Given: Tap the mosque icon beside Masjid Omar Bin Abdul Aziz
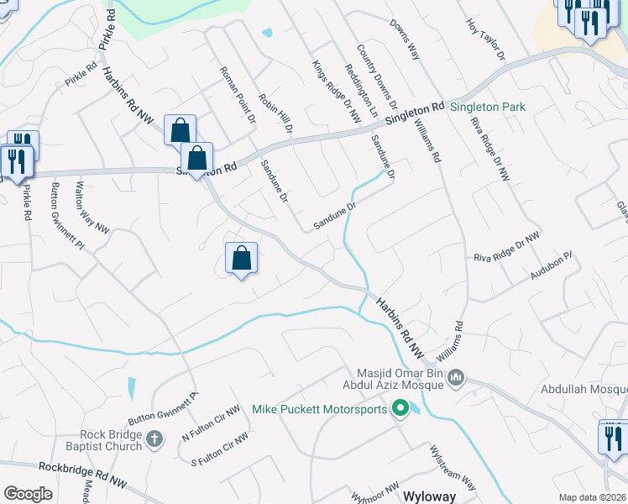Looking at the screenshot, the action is click(457, 379).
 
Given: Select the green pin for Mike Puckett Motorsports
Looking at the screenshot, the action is click(400, 410).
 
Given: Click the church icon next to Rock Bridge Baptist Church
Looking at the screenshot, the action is click(154, 438).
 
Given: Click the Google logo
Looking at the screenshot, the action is click(28, 494).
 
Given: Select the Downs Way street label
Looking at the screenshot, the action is click(404, 39).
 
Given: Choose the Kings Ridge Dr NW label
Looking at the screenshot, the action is click(336, 92).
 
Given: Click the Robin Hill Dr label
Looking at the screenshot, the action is click(275, 114).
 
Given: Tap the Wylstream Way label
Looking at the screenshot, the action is click(453, 467).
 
